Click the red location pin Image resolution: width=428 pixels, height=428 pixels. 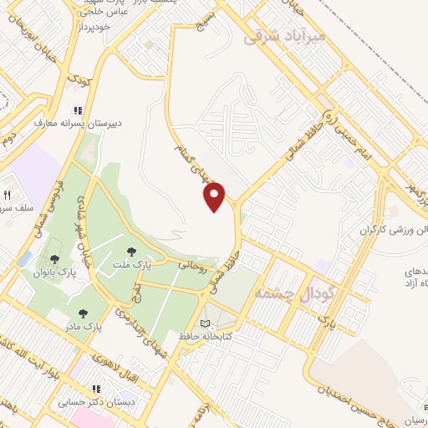point(215,197)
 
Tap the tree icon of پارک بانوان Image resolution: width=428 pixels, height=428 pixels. point(54,259)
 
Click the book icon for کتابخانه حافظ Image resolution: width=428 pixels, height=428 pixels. point(206,324)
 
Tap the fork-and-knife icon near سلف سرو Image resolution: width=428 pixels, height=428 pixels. point(8,193)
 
